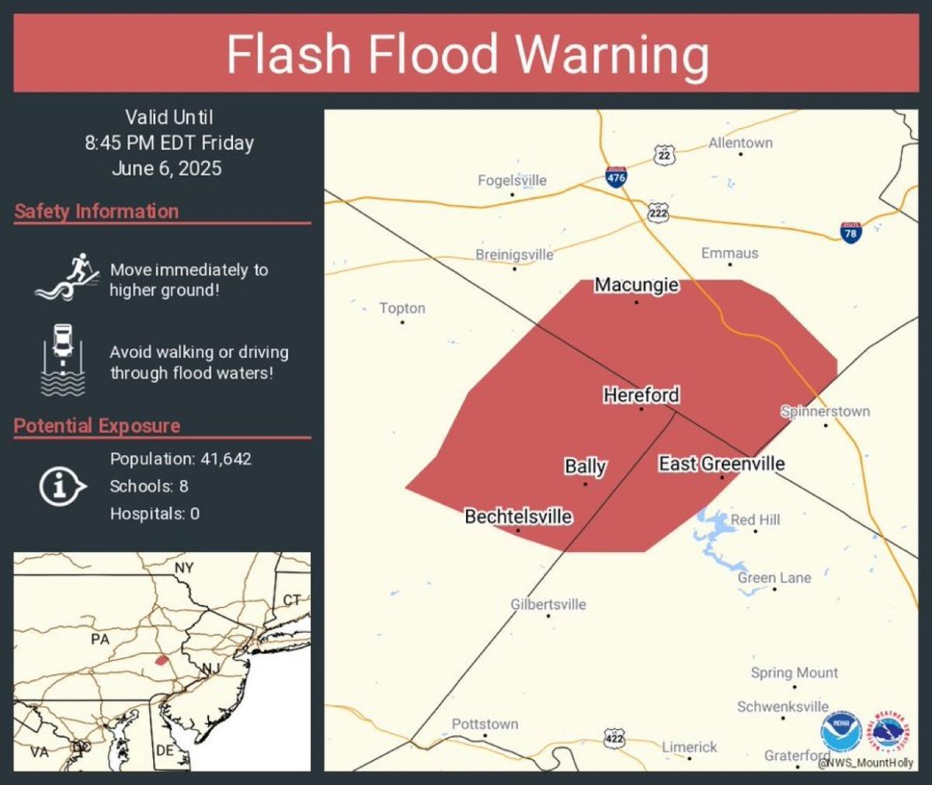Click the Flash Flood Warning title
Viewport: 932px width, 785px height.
coord(467,54)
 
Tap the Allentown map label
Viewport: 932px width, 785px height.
coord(740,143)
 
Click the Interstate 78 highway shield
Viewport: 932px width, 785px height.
coord(850,232)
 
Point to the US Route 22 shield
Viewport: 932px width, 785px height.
coord(664,155)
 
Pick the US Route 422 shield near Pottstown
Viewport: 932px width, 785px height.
coord(614,738)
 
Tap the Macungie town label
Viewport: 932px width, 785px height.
coord(636,285)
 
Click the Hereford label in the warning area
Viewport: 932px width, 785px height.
coord(641,395)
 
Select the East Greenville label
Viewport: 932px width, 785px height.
coord(722,464)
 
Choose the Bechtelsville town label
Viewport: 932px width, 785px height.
coord(518,516)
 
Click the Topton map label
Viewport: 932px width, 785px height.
coord(402,308)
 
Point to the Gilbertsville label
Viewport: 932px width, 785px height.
coord(548,604)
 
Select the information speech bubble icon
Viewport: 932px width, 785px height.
coord(61,486)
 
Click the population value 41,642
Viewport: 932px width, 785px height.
coord(226,459)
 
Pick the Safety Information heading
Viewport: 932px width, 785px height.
coord(96,211)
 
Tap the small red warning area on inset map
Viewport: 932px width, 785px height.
coord(162,660)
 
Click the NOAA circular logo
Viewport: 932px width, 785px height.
coord(841,731)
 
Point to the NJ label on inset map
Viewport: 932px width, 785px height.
coord(210,669)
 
